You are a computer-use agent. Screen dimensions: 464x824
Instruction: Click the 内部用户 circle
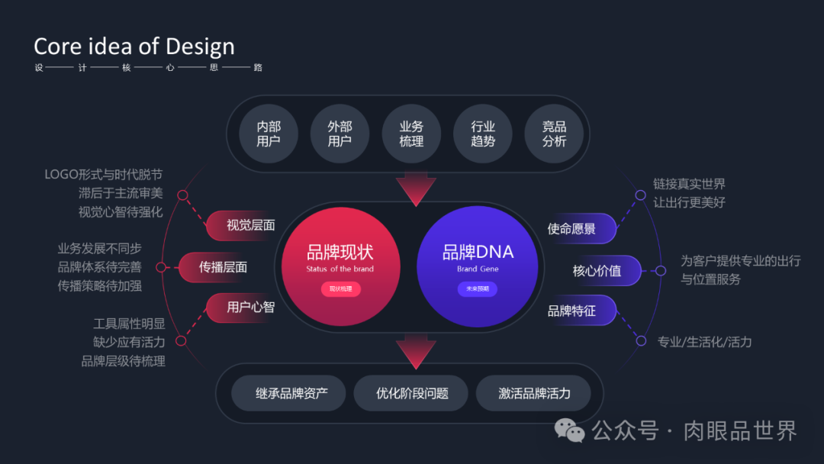tap(269, 134)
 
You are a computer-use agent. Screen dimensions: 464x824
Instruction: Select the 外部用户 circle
tap(340, 134)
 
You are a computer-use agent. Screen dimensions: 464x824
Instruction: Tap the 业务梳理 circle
tap(411, 134)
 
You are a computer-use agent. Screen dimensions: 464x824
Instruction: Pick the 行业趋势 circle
tap(483, 134)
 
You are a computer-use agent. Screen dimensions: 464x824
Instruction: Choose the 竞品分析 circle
tap(554, 134)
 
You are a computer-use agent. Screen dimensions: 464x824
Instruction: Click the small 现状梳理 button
tap(340, 289)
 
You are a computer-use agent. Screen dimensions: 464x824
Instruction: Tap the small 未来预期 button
tap(477, 289)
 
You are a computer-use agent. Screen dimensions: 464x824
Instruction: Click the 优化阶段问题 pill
tap(411, 394)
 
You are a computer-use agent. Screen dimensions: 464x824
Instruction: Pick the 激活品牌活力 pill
tap(533, 394)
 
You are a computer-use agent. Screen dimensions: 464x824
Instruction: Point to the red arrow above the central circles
tap(416, 190)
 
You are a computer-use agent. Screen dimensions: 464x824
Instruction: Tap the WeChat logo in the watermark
tap(570, 431)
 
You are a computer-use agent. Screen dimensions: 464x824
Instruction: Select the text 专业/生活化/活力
tap(704, 342)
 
